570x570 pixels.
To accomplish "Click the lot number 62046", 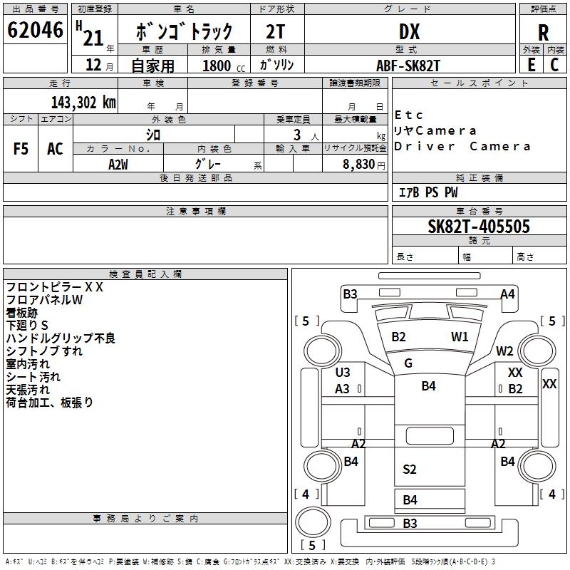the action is [35, 30].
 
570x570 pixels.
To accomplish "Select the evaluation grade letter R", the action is [543, 33].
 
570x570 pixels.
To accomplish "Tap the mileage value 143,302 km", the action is [83, 103].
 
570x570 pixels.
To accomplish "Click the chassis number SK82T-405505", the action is [479, 227].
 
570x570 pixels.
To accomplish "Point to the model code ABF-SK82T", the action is [408, 66].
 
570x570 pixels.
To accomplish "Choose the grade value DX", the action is [409, 31].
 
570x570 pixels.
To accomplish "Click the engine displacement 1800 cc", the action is [224, 66].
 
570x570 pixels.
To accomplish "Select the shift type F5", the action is [21, 149].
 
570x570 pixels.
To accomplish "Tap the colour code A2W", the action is [118, 165].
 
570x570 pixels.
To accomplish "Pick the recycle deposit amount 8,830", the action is [359, 165].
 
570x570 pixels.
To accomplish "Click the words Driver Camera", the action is [462, 147].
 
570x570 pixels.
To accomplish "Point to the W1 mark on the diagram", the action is [460, 337].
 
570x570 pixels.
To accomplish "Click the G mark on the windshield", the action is [408, 363].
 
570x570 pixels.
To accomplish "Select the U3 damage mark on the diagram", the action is [343, 372].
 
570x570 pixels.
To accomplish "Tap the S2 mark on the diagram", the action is [409, 470].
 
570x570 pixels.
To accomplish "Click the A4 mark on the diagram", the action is [507, 294].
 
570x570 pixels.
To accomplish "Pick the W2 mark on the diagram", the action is [504, 351].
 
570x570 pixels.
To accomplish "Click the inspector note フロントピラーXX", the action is [55, 287].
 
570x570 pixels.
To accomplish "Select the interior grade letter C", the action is [554, 65].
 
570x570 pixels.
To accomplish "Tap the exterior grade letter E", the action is [532, 65].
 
